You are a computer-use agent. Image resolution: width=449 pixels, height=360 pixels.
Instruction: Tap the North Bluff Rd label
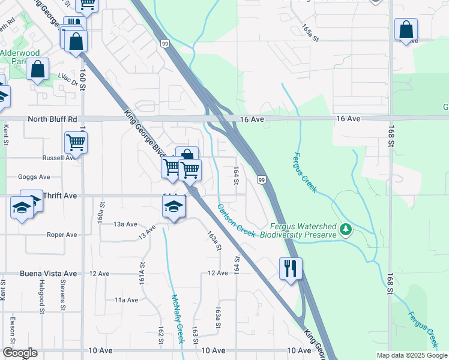click(x=53, y=119)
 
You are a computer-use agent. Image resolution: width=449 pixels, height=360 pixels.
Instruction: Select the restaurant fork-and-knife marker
click(x=291, y=268)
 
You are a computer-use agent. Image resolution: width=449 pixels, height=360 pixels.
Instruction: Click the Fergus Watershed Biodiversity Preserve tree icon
click(x=345, y=230)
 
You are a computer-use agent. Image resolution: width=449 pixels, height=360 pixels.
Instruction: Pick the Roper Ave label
click(x=62, y=235)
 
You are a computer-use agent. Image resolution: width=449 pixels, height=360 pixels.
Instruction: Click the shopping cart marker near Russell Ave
click(x=76, y=143)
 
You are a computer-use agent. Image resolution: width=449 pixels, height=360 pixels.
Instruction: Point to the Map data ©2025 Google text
click(x=411, y=355)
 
